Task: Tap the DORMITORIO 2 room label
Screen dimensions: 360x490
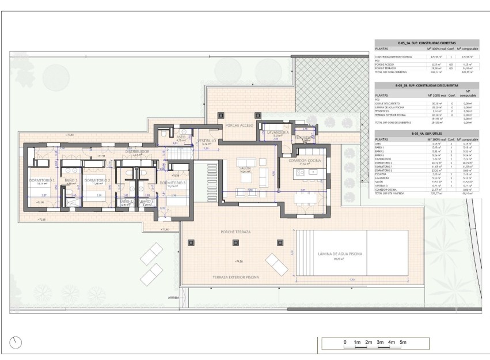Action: point(97,180)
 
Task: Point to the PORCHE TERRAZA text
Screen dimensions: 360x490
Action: point(236,232)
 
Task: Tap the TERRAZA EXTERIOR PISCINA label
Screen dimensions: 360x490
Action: point(236,277)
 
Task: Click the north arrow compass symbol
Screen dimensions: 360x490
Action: point(16,342)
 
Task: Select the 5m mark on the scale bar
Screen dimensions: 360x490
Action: point(404,343)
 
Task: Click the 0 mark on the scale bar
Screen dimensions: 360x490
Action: point(345,343)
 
